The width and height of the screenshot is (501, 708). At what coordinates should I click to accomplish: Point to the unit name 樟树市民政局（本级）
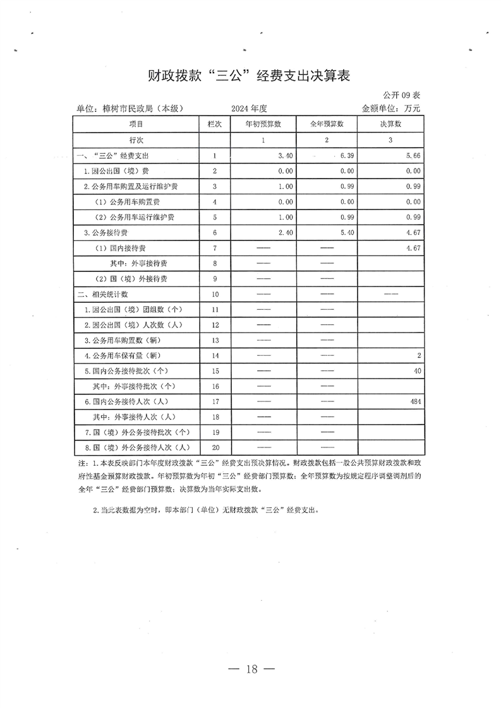click(x=130, y=109)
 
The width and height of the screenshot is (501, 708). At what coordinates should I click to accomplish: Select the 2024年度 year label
click(x=250, y=109)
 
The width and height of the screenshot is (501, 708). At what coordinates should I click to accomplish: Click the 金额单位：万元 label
click(x=390, y=109)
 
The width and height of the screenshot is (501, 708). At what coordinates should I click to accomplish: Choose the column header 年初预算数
click(x=263, y=124)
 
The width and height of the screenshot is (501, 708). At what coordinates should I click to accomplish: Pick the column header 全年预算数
click(x=327, y=124)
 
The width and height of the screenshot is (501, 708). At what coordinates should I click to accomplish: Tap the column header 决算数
click(x=390, y=124)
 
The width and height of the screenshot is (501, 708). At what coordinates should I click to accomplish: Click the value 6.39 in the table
click(x=343, y=155)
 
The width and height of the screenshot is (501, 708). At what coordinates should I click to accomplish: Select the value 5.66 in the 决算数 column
click(x=413, y=155)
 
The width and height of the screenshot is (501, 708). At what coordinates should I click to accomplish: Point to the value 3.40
click(x=285, y=155)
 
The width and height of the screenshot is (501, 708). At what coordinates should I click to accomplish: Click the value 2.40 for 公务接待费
click(x=285, y=232)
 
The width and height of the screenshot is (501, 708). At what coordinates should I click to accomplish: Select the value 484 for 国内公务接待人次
click(x=415, y=401)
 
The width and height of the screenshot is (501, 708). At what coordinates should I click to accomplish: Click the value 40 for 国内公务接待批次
click(x=418, y=371)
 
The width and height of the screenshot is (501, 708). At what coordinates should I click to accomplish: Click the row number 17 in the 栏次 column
click(x=215, y=401)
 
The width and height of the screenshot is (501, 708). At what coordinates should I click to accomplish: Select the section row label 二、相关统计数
click(x=103, y=294)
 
